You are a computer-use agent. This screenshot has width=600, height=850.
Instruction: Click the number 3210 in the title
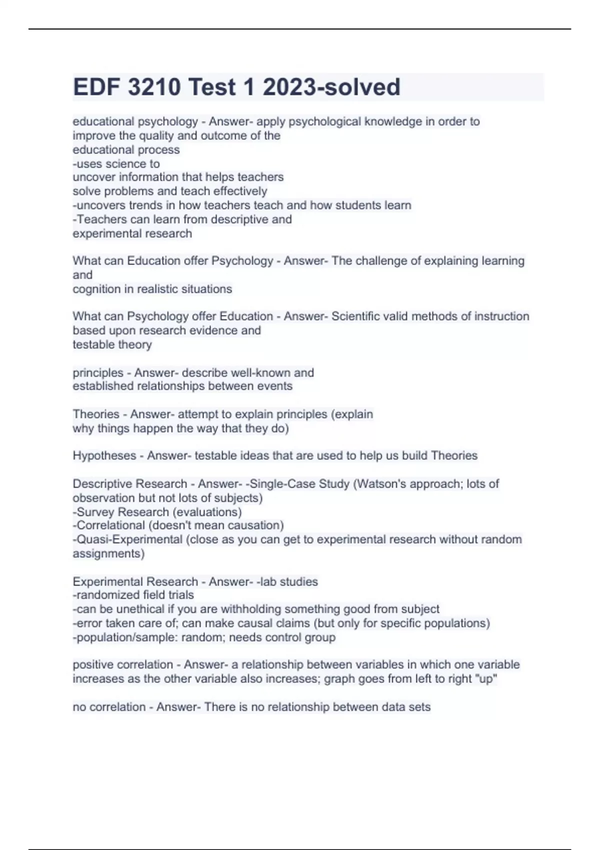154,87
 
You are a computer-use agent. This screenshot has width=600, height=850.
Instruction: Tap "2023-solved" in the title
331,87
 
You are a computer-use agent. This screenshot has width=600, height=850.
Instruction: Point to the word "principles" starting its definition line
98,372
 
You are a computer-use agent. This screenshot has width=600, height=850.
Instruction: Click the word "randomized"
107,594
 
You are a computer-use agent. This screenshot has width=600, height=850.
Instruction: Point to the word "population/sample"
124,637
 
